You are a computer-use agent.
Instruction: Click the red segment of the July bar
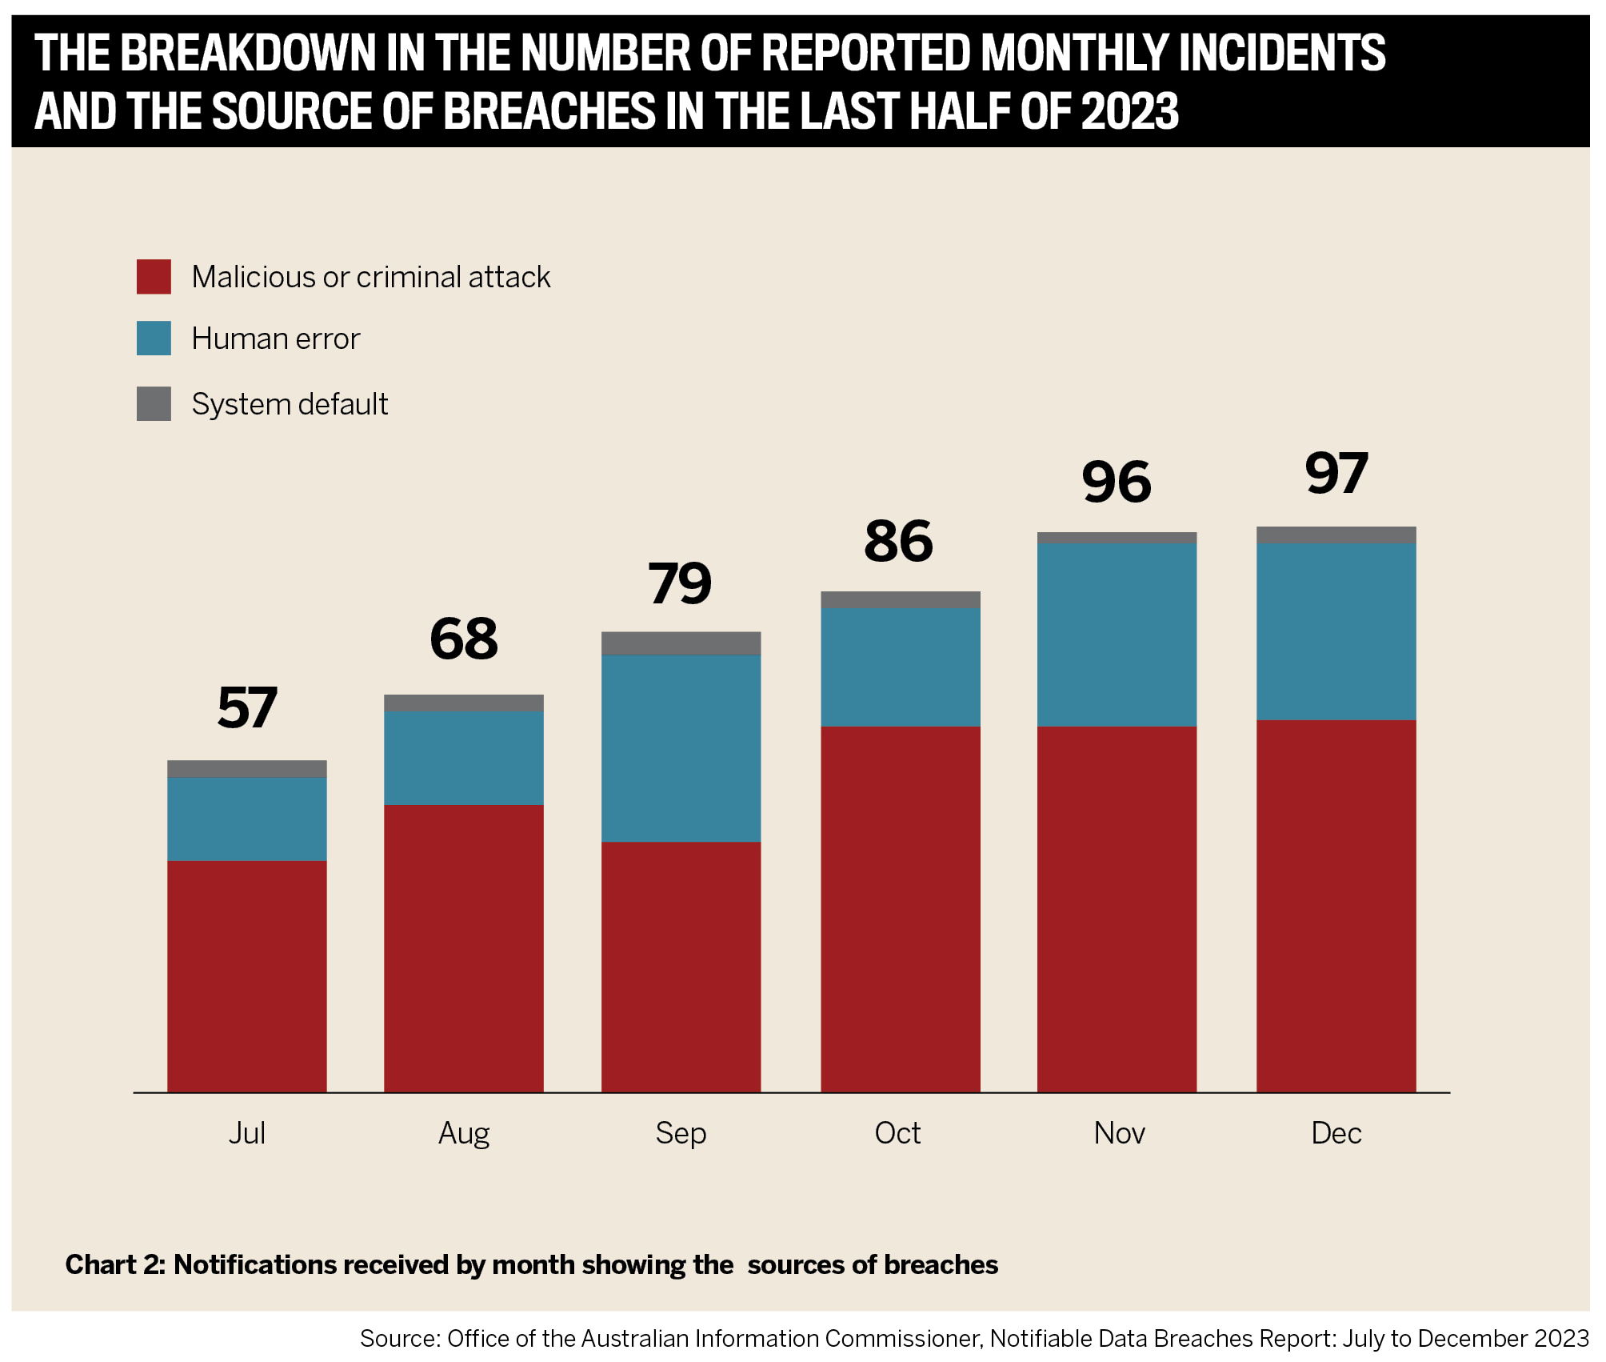click(246, 976)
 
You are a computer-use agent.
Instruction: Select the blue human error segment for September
click(681, 748)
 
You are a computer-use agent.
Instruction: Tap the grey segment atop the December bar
click(1336, 535)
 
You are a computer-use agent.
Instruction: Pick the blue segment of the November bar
click(1117, 635)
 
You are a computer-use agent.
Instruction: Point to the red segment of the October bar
click(900, 909)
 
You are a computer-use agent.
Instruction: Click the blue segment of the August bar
click(463, 758)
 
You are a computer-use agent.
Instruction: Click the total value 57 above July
click(246, 708)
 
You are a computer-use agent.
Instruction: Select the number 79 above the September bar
click(680, 583)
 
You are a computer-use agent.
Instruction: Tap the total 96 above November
click(1117, 483)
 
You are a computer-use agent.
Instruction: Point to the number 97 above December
click(1336, 473)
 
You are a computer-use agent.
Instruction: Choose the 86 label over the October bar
click(898, 542)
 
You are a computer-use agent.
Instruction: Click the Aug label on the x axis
click(463, 1133)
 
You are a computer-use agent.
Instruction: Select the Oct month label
click(897, 1133)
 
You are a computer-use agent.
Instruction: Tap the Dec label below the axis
click(1336, 1133)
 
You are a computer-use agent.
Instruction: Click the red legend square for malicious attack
click(154, 277)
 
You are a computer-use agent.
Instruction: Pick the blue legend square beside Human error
click(154, 338)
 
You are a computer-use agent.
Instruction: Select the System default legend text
click(290, 404)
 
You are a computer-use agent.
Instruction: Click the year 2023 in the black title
click(1129, 110)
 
